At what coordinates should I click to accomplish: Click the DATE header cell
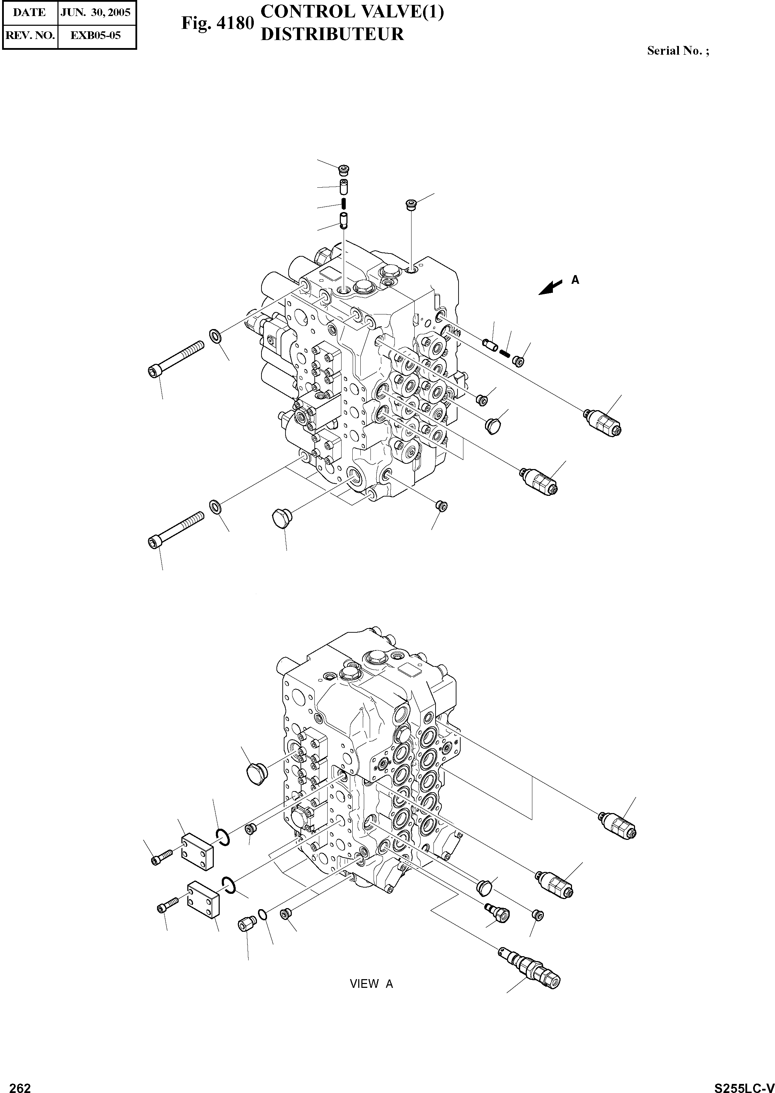point(29,13)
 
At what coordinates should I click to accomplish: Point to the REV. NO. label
point(29,35)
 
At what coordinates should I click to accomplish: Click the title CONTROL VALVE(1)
point(352,13)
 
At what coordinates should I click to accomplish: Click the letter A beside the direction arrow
point(576,280)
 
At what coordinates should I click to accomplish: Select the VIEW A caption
point(371,984)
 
